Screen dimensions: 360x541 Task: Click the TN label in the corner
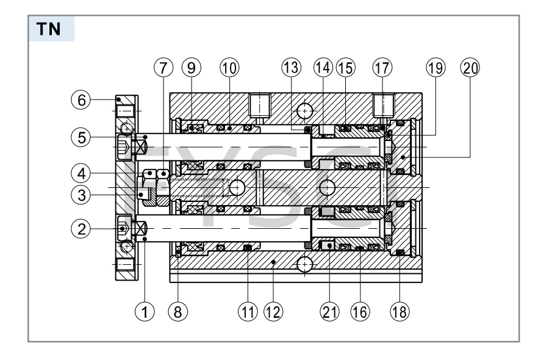click(x=52, y=28)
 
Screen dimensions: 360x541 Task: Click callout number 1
click(x=144, y=311)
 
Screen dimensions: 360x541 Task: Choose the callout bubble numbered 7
click(x=161, y=67)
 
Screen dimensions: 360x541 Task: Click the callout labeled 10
click(x=229, y=67)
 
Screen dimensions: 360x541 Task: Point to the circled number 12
click(x=272, y=311)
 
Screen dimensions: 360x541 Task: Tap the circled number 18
click(x=400, y=311)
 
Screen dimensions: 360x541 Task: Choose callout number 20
click(x=470, y=67)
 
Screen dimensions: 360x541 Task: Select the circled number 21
click(x=329, y=311)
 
